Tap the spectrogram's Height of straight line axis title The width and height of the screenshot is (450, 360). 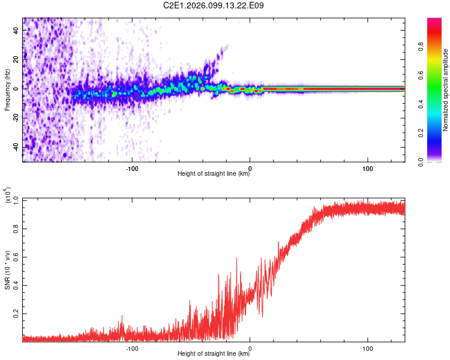tap(214, 174)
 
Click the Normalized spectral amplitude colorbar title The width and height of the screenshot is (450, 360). tap(445, 90)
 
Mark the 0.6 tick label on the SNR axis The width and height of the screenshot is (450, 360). tap(16, 257)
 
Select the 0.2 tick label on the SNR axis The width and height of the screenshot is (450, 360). tap(16, 314)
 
